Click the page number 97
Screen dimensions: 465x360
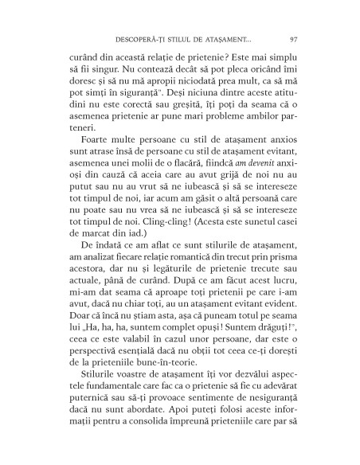[x=294, y=37]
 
